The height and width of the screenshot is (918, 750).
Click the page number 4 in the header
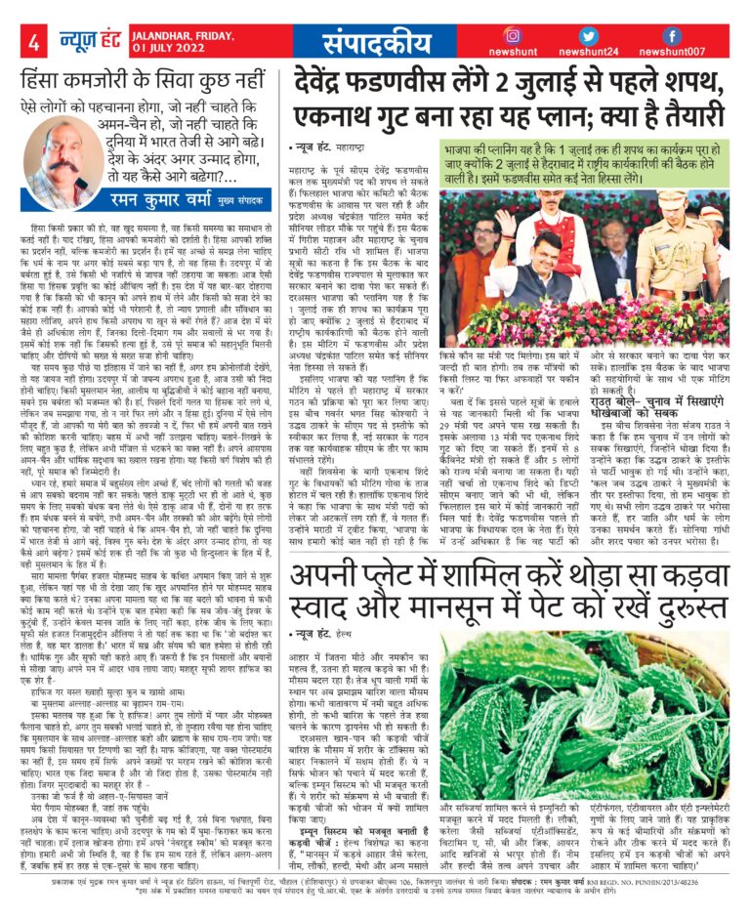pos(34,43)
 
